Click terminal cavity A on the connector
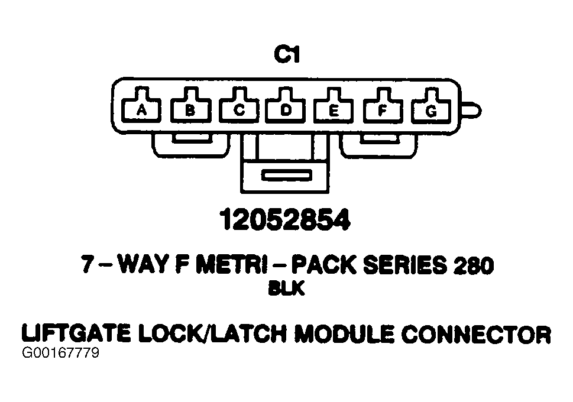pos(141,109)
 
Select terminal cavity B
pos(190,109)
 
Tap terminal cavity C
pos(239,109)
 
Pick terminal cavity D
pos(286,109)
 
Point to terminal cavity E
pos(334,109)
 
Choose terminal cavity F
pos(383,109)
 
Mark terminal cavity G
pos(431,109)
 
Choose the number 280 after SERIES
pos(474,266)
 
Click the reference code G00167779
pos(60,354)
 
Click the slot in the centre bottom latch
pos(286,176)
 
